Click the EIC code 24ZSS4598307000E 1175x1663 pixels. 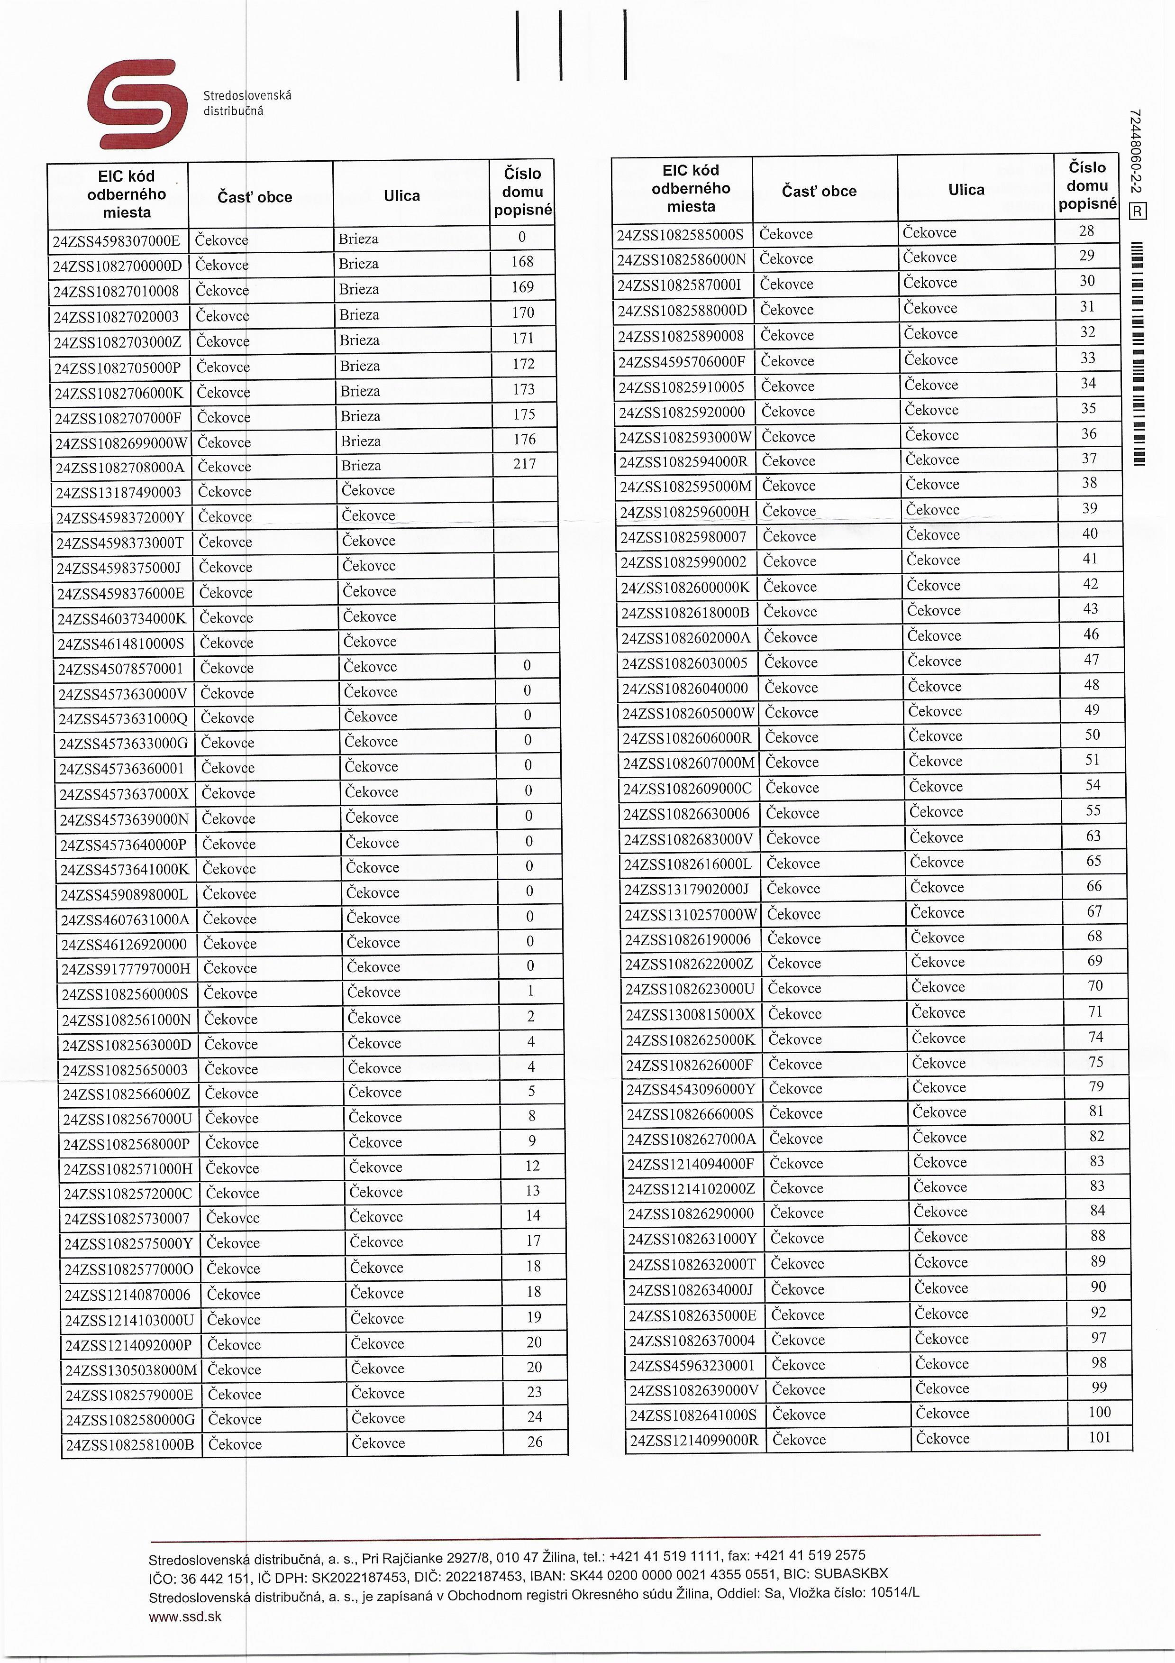(x=117, y=240)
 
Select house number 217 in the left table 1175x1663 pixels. (x=524, y=464)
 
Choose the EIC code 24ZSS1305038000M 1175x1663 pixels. (x=131, y=1369)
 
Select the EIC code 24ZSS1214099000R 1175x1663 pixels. (x=693, y=1440)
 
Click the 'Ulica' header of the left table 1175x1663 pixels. (x=402, y=195)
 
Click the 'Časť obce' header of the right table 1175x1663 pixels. (x=819, y=191)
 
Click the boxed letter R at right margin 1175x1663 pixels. (x=1138, y=211)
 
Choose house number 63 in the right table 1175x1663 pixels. (x=1093, y=836)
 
